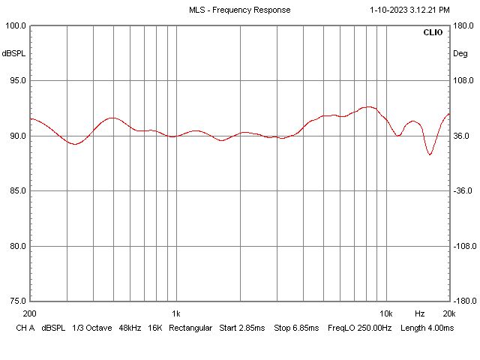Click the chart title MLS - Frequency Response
[x=239, y=10]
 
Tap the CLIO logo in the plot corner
[x=433, y=33]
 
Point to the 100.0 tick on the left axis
[x=15, y=25]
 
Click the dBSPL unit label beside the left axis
[x=13, y=54]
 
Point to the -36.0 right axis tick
[x=465, y=191]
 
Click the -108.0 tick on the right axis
[x=465, y=246]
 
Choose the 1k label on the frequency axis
[x=175, y=313]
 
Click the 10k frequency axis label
[x=385, y=313]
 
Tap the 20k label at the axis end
[x=448, y=313]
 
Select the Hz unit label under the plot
[x=420, y=313]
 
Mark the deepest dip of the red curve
[x=430, y=154]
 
